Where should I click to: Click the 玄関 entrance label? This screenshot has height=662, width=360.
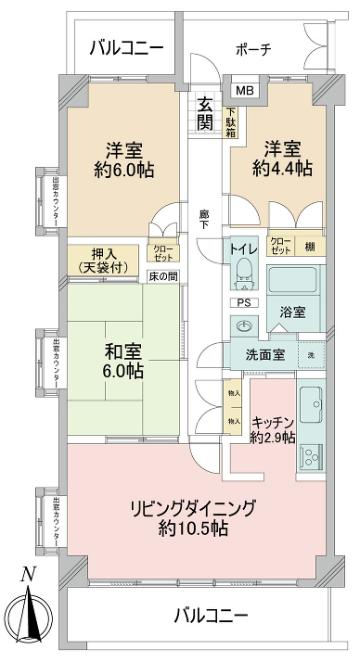pos(205,111)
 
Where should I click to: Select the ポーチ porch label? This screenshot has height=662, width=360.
pos(252,50)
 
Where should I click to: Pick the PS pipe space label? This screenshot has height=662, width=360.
pos(243,302)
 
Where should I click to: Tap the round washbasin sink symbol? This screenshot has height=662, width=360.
pos(244,326)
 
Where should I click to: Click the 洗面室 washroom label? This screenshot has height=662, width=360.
pos(264,354)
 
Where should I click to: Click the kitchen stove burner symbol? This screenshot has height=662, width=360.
pos(309,457)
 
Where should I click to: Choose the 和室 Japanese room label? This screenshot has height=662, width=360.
pos(124,352)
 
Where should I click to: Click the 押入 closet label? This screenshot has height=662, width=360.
pos(103,252)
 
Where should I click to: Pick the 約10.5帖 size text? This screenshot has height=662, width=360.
pos(193,529)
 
